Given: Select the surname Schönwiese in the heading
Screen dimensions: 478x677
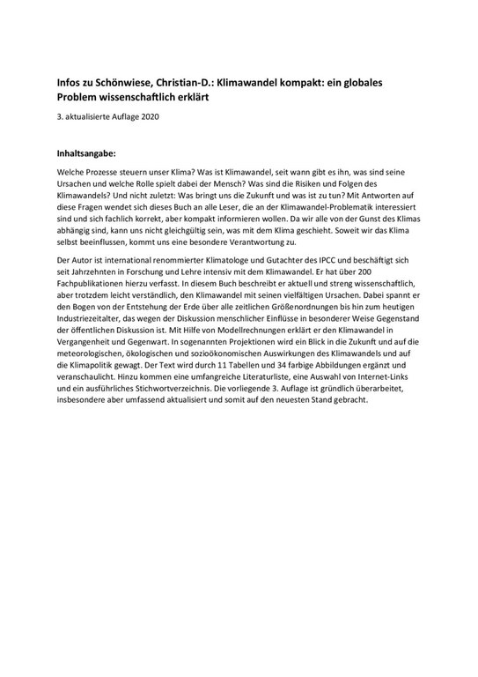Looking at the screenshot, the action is pos(132,81).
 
